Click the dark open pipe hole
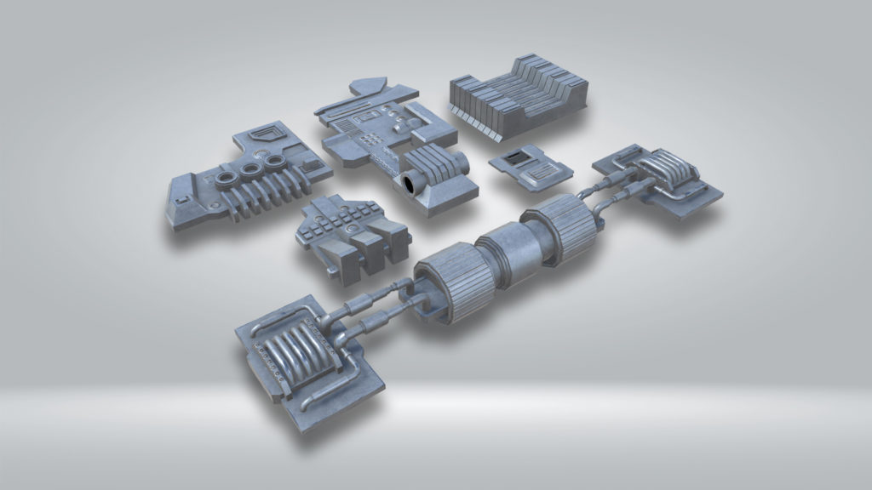413,182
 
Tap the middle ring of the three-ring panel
250,169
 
